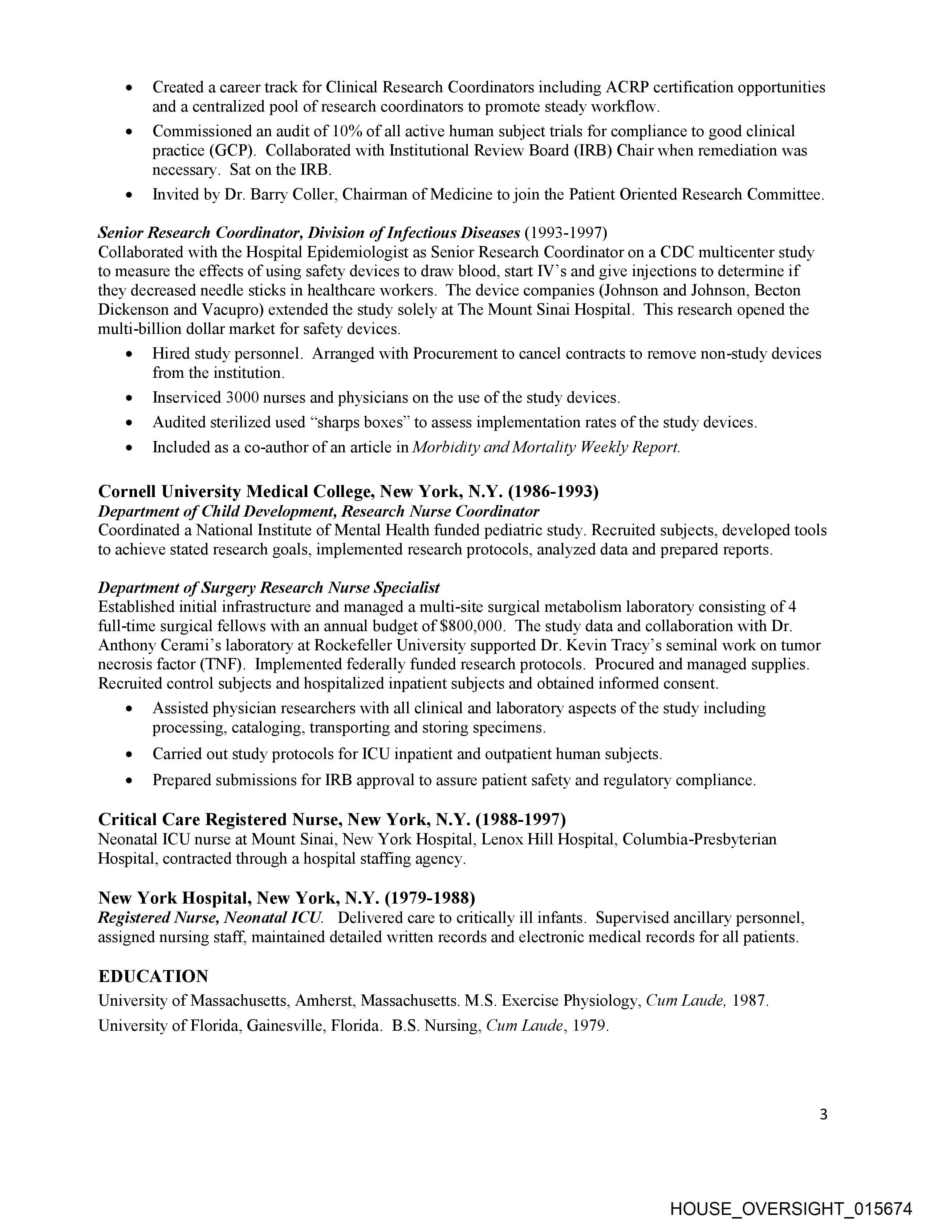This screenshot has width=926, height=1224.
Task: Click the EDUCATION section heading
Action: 153,976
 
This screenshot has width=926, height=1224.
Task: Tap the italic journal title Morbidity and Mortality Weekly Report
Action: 546,447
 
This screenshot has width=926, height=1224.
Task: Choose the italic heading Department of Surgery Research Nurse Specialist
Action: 269,587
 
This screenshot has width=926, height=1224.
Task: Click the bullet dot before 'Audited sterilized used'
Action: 129,423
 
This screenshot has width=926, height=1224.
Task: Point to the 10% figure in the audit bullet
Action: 346,131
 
